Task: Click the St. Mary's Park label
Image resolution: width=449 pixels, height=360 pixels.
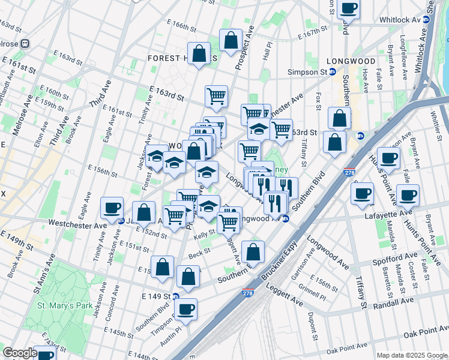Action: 65,305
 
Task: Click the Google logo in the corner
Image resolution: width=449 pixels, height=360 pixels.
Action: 19,353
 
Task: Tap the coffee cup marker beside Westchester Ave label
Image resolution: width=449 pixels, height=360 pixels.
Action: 112,207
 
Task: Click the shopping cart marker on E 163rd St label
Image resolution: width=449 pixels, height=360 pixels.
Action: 216,95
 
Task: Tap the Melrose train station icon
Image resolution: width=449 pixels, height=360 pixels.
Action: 26,43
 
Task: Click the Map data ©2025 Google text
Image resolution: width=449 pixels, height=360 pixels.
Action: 411,355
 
